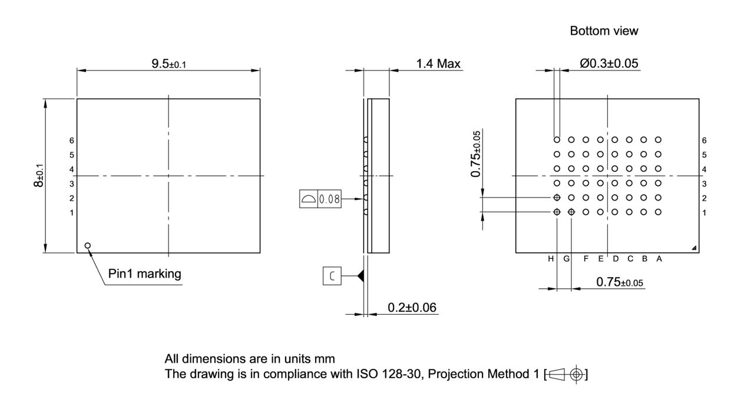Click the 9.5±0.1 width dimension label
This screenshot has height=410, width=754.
tap(168, 64)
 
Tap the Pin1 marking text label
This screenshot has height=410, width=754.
tap(145, 274)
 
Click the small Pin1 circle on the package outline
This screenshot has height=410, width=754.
tap(88, 245)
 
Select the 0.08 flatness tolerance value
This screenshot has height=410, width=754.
tap(329, 199)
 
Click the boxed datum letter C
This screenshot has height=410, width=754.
tap(332, 276)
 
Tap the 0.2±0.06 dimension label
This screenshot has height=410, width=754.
tap(412, 307)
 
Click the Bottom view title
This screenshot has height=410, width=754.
tap(604, 32)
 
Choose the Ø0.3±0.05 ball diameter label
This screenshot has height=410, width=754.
tap(609, 64)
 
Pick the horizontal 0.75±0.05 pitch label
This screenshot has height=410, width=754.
tap(619, 282)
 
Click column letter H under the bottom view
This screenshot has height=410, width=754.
tap(551, 259)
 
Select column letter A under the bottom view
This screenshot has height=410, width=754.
tap(659, 259)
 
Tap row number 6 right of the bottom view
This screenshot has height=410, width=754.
tap(705, 140)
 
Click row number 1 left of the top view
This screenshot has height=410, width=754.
tap(72, 212)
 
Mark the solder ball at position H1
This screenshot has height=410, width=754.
tap(557, 212)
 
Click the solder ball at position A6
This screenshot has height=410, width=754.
tap(658, 140)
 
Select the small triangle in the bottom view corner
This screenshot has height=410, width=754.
tap(695, 248)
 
